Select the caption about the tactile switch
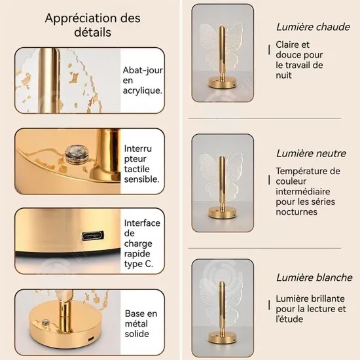(141, 164)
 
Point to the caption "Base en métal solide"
(142, 323)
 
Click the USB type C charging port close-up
(91, 236)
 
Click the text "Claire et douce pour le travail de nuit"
(299, 60)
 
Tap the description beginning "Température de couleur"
(307, 191)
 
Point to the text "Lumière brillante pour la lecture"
(310, 308)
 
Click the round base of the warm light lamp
(222, 84)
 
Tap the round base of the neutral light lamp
(223, 212)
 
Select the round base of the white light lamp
(223, 337)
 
